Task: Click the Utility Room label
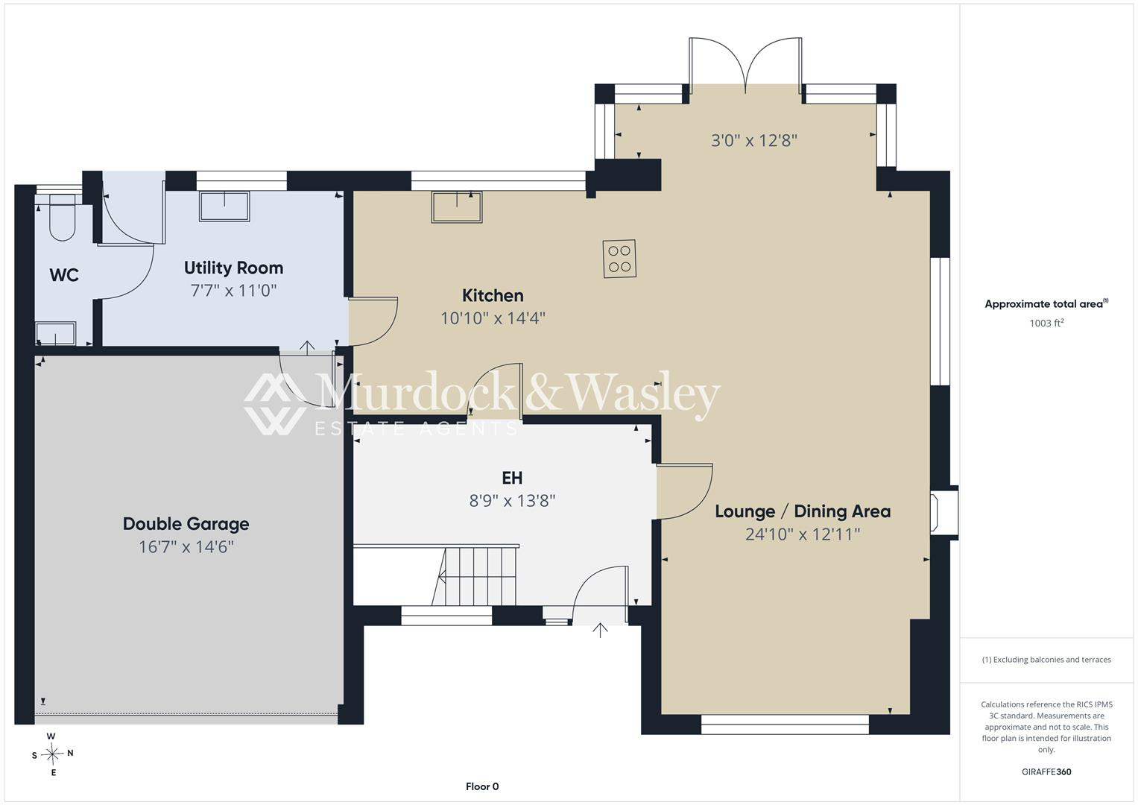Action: [x=233, y=268]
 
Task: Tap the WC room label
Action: [x=64, y=275]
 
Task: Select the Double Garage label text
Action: [x=186, y=524]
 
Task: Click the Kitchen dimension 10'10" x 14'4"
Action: [x=493, y=318]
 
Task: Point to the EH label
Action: [x=512, y=478]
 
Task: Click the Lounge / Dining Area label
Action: [x=803, y=511]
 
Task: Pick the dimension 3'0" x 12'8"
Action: [x=754, y=140]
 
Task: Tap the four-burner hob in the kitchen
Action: [x=619, y=259]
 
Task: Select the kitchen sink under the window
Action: [x=457, y=207]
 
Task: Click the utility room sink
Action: [x=224, y=206]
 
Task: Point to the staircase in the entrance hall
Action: [x=475, y=576]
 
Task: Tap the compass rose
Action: [x=52, y=754]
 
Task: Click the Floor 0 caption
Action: [x=482, y=786]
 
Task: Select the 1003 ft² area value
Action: [x=1046, y=323]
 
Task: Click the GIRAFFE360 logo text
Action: [x=1046, y=771]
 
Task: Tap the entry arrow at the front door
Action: [x=600, y=630]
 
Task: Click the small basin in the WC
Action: [x=56, y=333]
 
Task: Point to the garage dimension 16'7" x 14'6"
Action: [x=186, y=547]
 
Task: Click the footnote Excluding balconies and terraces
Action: [x=1046, y=660]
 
